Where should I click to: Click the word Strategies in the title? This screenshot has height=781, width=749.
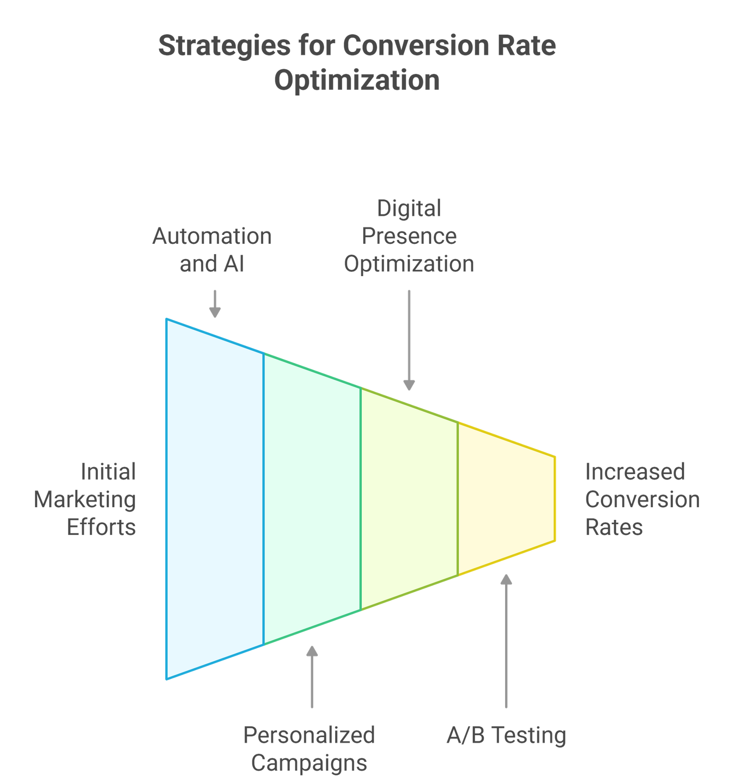(224, 47)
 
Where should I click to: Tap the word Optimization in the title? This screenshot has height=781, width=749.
(357, 80)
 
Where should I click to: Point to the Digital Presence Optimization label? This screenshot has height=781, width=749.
(409, 236)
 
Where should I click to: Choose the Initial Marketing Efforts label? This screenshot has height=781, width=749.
(85, 499)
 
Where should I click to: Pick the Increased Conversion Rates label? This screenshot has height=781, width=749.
(642, 499)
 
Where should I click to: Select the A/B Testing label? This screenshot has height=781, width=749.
(507, 735)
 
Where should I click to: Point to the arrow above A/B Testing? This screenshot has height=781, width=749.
(506, 641)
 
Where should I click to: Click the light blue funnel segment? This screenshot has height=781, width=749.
(215, 499)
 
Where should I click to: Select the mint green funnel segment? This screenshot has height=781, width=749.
(312, 499)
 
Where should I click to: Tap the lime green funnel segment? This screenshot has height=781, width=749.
(409, 499)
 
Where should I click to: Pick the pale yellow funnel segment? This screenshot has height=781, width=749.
(507, 499)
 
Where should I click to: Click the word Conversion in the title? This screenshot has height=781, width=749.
(416, 47)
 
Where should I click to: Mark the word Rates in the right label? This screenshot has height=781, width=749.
(614, 527)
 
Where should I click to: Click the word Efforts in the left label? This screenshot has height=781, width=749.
(101, 527)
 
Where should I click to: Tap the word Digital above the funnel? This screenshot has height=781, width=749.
(409, 208)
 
